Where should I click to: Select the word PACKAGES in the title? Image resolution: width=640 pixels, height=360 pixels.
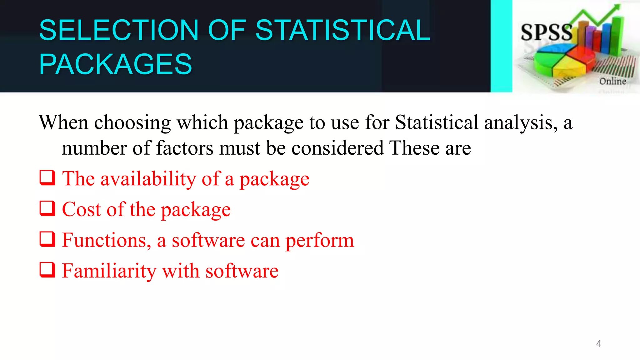tap(115, 64)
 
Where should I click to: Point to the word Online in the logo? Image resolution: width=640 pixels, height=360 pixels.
tap(612, 81)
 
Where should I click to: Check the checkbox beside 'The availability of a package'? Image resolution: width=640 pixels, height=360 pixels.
tap(47, 178)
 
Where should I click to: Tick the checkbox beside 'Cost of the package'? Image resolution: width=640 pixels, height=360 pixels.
tap(47, 208)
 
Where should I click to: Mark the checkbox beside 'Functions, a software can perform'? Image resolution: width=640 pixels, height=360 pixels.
tap(47, 239)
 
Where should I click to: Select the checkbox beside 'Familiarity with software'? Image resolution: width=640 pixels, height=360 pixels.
tap(47, 270)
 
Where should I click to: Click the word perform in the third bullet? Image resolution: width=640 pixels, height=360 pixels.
tap(320, 241)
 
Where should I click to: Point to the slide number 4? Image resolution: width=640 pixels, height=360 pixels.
tap(598, 344)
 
